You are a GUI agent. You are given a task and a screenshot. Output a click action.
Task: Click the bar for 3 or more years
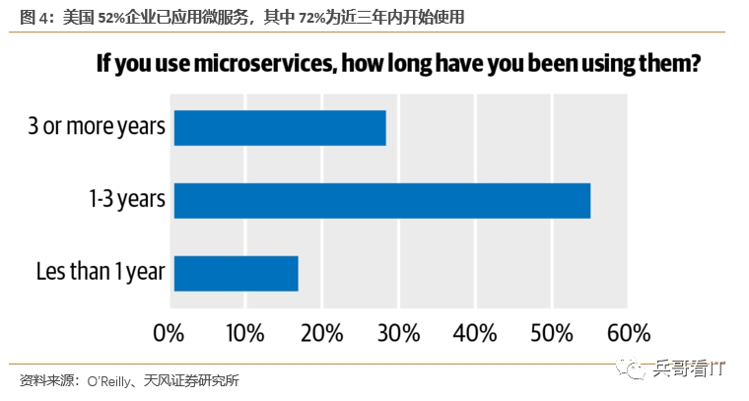click(x=280, y=128)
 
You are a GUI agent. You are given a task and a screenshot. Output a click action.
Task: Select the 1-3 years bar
click(x=382, y=201)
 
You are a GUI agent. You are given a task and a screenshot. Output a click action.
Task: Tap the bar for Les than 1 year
click(x=236, y=273)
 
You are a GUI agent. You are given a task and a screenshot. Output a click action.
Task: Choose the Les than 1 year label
click(x=100, y=273)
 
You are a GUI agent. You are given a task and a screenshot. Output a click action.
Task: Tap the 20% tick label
click(x=320, y=329)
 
